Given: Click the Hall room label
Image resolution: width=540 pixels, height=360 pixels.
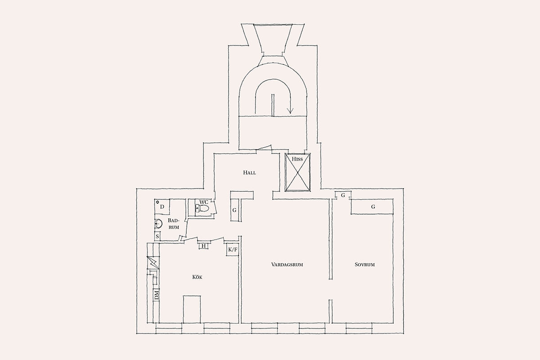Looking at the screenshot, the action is pyautogui.click(x=249, y=173).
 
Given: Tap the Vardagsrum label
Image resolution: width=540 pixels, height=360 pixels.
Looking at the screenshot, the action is pyautogui.click(x=287, y=265).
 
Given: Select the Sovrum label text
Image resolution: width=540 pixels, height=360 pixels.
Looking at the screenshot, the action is pyautogui.click(x=364, y=265).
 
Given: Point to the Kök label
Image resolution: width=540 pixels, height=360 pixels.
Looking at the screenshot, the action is pyautogui.click(x=197, y=277).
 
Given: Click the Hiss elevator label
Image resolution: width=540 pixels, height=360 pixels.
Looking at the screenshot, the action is pyautogui.click(x=297, y=159).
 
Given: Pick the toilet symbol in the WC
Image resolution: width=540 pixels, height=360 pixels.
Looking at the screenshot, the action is pyautogui.click(x=202, y=208).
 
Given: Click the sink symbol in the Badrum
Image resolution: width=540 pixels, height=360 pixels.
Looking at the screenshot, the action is pyautogui.click(x=158, y=224).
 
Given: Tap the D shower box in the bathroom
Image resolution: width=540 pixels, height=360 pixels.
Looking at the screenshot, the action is pyautogui.click(x=162, y=207).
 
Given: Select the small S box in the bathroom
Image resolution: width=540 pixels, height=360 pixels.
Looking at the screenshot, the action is pyautogui.click(x=157, y=236).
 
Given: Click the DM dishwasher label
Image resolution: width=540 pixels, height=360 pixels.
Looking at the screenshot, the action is pyautogui.click(x=157, y=295).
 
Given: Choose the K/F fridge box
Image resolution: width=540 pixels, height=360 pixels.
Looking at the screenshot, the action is pyautogui.click(x=233, y=250).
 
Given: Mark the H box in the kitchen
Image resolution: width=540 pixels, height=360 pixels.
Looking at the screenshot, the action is pyautogui.click(x=204, y=246).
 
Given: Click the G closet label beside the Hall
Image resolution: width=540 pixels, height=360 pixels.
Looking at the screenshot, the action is pyautogui.click(x=234, y=210).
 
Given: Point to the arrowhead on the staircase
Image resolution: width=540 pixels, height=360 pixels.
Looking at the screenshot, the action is pyautogui.click(x=290, y=111).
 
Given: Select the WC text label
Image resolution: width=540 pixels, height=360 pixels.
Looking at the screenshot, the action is pyautogui.click(x=204, y=202).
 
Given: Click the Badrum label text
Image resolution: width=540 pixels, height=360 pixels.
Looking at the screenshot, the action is pyautogui.click(x=174, y=224).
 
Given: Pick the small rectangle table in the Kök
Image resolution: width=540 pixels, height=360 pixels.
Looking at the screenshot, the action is pyautogui.click(x=192, y=309).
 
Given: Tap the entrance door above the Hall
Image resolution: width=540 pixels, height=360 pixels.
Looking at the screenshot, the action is pyautogui.click(x=264, y=148).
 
